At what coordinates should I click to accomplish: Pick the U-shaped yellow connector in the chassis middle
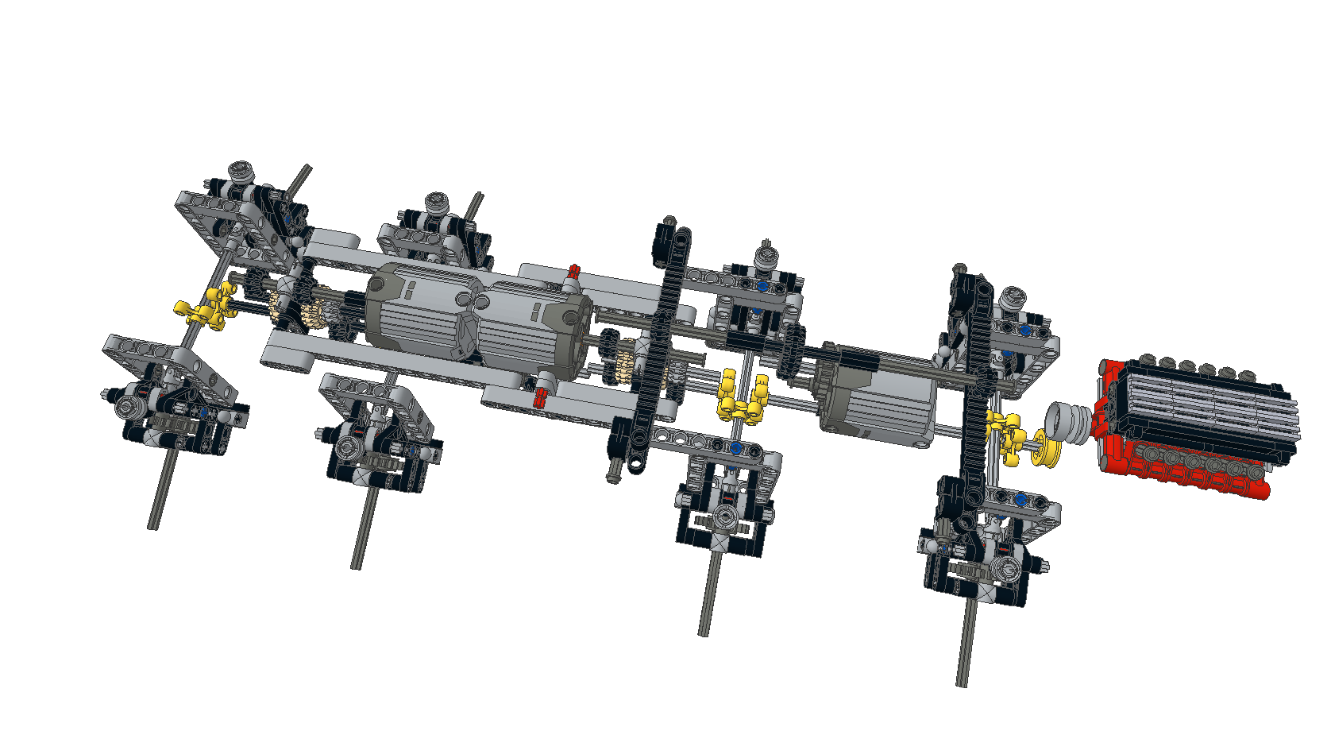click(x=743, y=397)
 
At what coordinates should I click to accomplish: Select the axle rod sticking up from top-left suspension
click(x=299, y=181)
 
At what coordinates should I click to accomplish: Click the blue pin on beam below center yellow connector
click(x=735, y=448)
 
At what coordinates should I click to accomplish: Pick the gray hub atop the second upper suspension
click(x=436, y=202)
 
